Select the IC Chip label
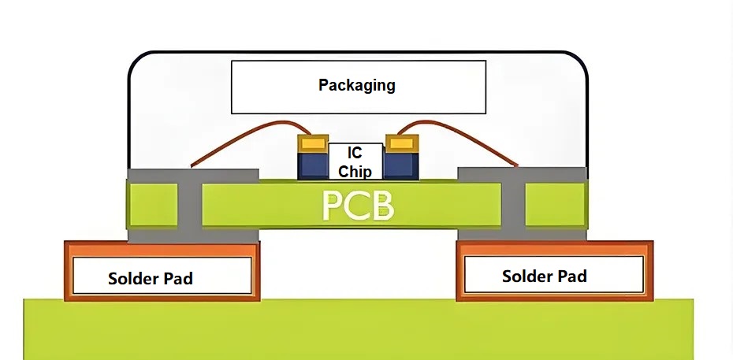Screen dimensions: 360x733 pos(355,161)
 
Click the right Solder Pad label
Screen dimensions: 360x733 pos(544,276)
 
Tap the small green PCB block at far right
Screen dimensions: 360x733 pos(555,205)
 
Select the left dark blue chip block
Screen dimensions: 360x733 pos(311,165)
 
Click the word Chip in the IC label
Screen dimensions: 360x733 pos(355,170)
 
